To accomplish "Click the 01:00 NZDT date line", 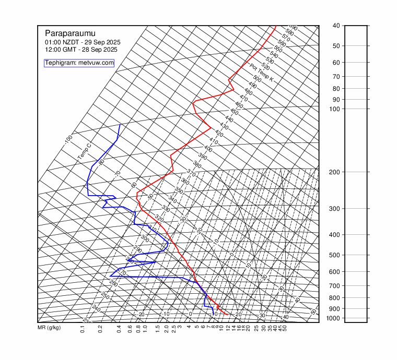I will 79,42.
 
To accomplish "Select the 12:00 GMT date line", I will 81,50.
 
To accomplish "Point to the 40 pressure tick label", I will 336,26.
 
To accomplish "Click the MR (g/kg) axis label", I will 49,328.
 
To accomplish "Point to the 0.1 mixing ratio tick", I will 83,329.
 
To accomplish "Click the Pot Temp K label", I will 262,73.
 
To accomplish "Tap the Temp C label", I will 84,152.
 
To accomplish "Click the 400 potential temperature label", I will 208,149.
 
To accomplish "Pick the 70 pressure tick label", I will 336,77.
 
